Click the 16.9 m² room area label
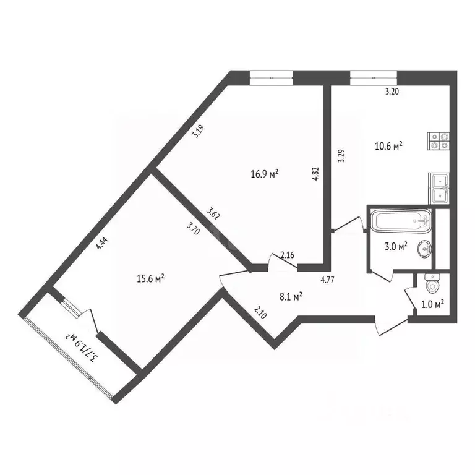pos(265,174)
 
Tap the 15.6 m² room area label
pos(150,278)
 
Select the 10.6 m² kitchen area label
pos(388,147)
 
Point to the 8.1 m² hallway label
pos(291,297)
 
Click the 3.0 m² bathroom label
pos(396,246)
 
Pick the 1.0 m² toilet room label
pos(432,304)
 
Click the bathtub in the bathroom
pos(401,221)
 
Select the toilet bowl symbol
pos(432,283)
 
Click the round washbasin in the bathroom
pos(424,249)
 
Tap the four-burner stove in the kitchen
pos(438,141)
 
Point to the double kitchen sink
pos(439,189)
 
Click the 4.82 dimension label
pos(315,174)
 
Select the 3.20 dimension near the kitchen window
pos(392,92)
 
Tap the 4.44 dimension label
pos(102,243)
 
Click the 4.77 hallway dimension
pos(327,280)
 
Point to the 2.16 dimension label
pos(287,255)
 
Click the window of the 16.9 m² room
pos(272,77)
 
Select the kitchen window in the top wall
pos(374,77)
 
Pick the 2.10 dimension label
pos(260,312)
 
